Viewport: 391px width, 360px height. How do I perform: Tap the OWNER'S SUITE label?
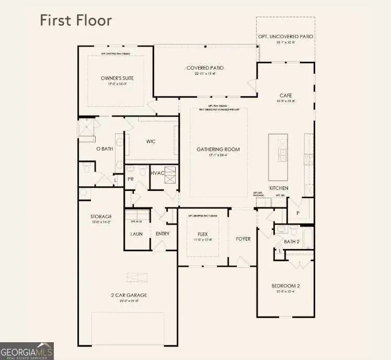(114, 78)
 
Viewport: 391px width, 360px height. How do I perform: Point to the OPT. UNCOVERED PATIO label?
(285, 36)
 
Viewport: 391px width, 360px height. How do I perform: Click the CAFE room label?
(285, 95)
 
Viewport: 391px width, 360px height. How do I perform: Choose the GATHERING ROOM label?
(218, 149)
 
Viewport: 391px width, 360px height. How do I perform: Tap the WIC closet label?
(151, 141)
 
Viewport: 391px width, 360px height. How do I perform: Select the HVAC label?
(157, 172)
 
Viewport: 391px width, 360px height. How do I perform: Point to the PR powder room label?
(131, 179)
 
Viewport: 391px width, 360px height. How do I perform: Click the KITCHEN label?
(279, 188)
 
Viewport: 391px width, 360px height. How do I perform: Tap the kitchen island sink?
(282, 154)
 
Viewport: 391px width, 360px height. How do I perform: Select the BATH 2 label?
(291, 241)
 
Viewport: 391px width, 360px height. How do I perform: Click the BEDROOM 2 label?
(285, 286)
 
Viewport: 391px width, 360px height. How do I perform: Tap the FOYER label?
(243, 239)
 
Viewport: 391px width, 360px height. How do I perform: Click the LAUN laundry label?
(136, 233)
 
